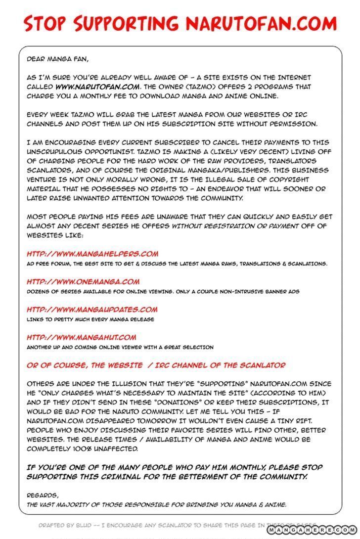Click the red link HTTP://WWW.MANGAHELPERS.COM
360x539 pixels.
pos(92,254)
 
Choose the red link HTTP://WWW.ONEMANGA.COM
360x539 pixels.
pos(83,282)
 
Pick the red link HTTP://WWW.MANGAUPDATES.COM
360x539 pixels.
pos(92,310)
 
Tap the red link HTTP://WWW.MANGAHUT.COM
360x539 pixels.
pos(81,337)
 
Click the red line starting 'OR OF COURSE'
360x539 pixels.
pos(156,365)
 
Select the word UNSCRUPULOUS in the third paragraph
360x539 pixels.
pos(57,152)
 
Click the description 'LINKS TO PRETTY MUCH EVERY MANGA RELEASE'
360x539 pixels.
pos(90,319)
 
